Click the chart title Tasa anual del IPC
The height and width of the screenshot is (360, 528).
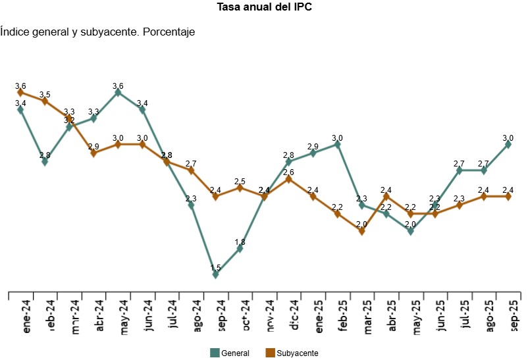tap(264, 8)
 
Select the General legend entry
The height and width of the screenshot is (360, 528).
tap(230, 353)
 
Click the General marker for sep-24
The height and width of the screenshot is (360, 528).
tap(215, 274)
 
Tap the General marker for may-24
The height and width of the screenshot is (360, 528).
tap(118, 93)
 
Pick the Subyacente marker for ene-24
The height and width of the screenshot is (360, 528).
tap(20, 93)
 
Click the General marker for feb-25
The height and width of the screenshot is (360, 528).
tap(338, 145)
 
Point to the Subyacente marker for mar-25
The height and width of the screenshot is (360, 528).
tap(362, 231)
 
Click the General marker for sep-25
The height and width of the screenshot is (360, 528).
tap(508, 145)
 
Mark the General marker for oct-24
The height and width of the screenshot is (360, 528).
tap(240, 249)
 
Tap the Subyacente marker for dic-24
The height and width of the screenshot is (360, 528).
tap(289, 179)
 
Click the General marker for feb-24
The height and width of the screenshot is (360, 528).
tap(45, 162)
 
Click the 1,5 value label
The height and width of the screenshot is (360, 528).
tap(215, 267)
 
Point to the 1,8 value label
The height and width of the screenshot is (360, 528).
tap(240, 242)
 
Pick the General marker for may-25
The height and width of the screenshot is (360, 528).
tap(411, 231)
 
